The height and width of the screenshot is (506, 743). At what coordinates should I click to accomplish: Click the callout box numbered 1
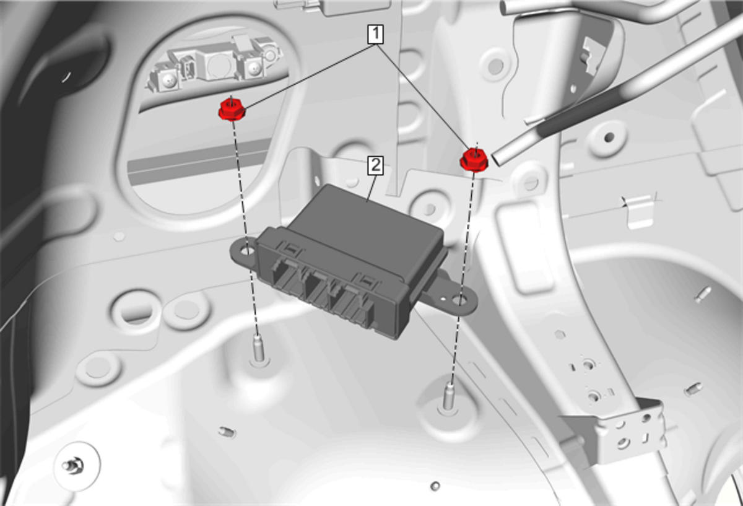coord(375,34)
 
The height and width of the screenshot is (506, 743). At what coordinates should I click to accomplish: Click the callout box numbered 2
coord(375,165)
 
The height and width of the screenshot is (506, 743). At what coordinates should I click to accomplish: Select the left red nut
coord(232,110)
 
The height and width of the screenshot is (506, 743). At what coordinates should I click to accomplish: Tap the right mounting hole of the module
coord(459,300)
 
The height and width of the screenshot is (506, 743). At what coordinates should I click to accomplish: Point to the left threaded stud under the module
coord(258,348)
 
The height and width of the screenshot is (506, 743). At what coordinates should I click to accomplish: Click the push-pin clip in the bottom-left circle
coord(73,466)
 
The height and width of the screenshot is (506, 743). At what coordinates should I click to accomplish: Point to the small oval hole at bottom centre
coord(435,486)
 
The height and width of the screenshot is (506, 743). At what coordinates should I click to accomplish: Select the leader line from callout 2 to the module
coord(371,188)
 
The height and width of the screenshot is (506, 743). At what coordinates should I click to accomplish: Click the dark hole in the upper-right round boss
coord(609,137)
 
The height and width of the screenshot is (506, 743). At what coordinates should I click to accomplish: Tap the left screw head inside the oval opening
coord(169,79)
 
